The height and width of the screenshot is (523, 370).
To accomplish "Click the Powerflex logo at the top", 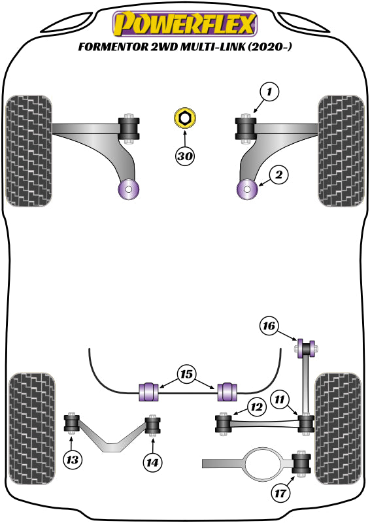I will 184,24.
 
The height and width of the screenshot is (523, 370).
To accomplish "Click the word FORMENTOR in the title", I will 109,46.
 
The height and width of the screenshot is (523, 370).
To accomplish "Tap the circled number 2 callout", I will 278,175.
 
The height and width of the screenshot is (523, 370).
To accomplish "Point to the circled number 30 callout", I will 185,156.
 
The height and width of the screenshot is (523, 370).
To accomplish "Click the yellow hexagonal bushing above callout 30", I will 185,118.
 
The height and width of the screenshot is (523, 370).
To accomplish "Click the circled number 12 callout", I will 256,407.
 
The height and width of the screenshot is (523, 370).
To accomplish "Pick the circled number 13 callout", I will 72,460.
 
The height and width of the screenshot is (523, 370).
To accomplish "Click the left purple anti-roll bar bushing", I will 150,391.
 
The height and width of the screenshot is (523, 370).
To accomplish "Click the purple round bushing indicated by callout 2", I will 248,190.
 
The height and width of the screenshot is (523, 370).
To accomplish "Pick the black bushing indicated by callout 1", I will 247,128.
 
